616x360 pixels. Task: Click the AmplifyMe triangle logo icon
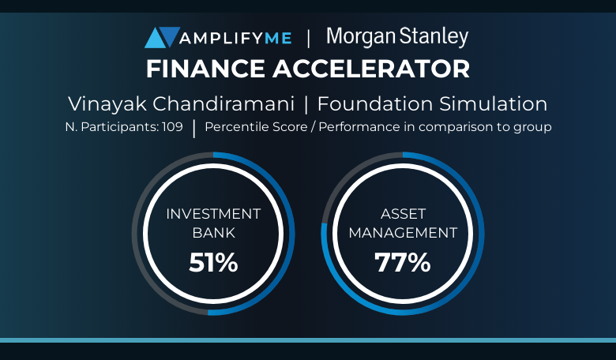click(162, 37)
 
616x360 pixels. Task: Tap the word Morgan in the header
click(361, 37)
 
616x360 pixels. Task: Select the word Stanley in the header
click(434, 37)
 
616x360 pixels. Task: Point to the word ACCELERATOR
click(371, 69)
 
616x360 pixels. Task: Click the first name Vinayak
click(107, 104)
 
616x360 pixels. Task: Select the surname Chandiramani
click(223, 104)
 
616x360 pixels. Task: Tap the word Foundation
click(375, 104)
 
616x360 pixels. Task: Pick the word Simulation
click(493, 104)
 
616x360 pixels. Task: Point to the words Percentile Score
click(256, 127)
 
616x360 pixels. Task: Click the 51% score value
click(213, 262)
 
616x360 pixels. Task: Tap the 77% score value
click(403, 262)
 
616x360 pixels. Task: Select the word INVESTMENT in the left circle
click(213, 214)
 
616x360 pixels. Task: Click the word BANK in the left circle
click(214, 233)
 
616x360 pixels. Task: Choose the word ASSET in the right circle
click(403, 214)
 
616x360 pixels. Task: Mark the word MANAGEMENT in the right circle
click(403, 233)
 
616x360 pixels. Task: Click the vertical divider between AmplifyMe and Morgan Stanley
click(308, 39)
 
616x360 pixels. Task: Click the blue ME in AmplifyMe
click(278, 38)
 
